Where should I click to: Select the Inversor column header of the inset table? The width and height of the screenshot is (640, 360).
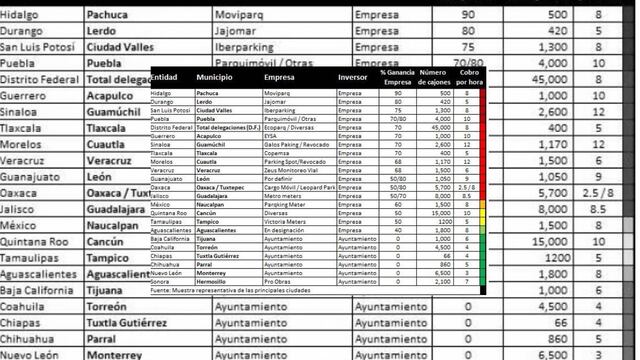coord(352,77)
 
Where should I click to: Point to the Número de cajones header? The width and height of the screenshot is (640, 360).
coord(432,77)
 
